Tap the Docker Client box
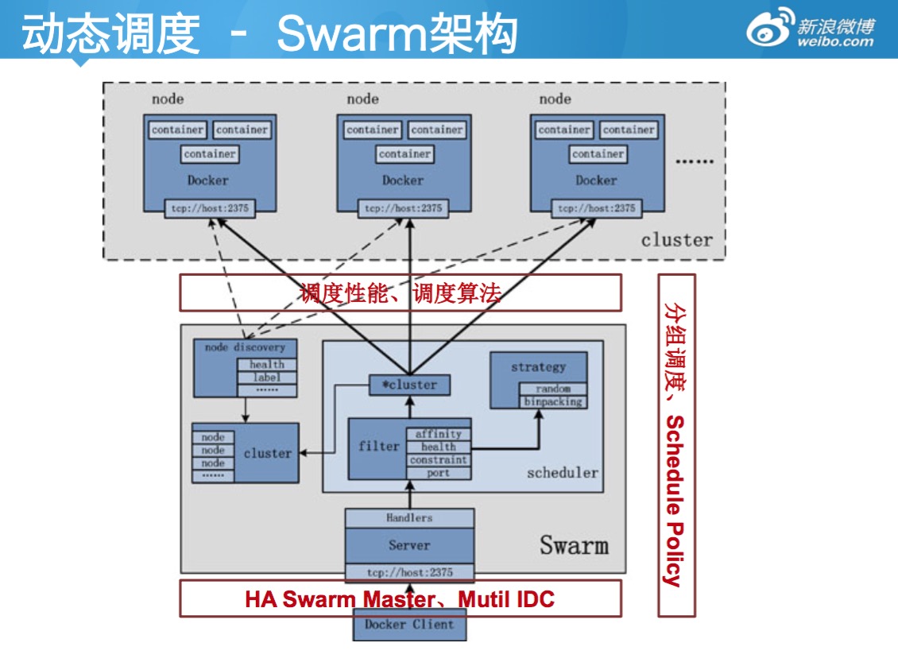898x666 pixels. [x=409, y=625]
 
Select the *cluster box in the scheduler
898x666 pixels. [x=409, y=385]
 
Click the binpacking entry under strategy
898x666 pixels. [x=553, y=402]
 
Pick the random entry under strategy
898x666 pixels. [x=553, y=389]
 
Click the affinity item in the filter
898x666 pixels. [x=438, y=435]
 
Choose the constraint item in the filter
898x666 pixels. [x=438, y=460]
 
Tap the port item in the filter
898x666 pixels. [x=438, y=473]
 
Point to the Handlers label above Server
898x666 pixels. [x=409, y=517]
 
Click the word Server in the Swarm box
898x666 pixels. [x=409, y=545]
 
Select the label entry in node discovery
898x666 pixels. [x=267, y=378]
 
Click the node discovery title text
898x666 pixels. [x=245, y=347]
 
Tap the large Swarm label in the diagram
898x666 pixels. [x=574, y=545]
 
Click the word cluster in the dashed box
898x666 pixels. [x=676, y=240]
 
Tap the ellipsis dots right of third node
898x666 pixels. [x=695, y=161]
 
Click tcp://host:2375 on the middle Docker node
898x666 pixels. [x=403, y=208]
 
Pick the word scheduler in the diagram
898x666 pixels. [x=562, y=473]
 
